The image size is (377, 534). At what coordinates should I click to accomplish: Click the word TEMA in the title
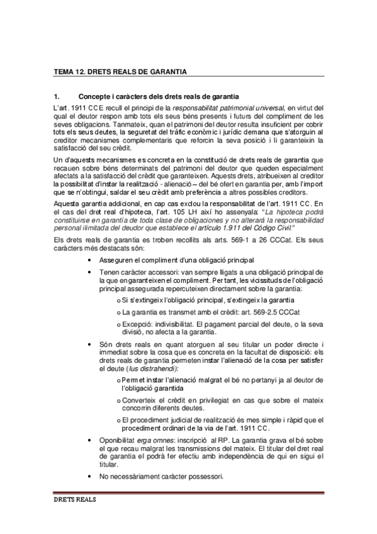(x=64, y=72)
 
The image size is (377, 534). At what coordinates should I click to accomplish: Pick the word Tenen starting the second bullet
(x=110, y=271)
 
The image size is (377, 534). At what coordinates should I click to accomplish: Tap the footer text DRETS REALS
(x=74, y=503)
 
